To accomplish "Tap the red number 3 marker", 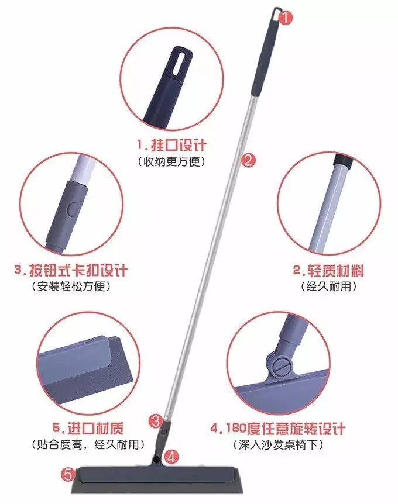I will click(x=155, y=420).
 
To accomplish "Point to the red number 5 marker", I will click(x=68, y=473).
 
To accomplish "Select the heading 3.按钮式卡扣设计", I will click(x=71, y=271).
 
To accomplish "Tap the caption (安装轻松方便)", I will click(x=71, y=288).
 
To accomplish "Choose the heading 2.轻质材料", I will click(x=328, y=271).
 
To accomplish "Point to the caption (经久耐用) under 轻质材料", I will click(x=328, y=287).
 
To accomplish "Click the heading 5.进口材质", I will click(x=85, y=427).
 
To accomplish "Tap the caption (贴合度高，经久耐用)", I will click(x=85, y=445).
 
